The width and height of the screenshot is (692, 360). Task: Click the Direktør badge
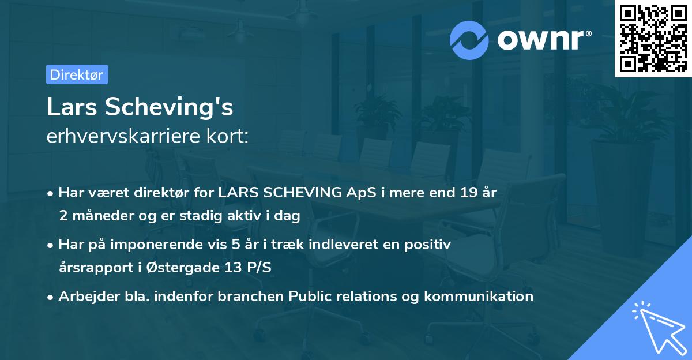[x=77, y=74]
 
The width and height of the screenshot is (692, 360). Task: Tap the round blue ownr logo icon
[x=469, y=40]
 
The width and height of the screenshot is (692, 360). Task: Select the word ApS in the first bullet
[x=360, y=193]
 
